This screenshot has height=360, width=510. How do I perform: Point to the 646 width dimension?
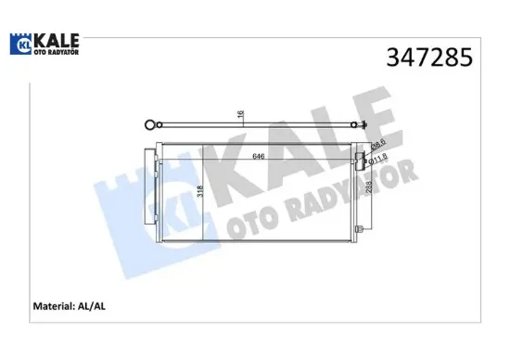click(261, 157)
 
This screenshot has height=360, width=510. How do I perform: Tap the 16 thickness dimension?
click(240, 114)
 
